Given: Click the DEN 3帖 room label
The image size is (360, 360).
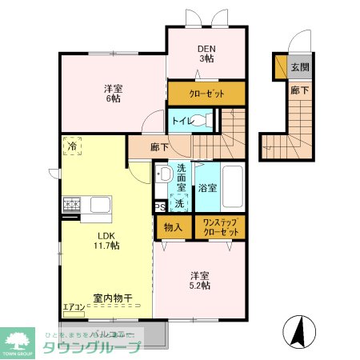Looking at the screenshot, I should [206, 52].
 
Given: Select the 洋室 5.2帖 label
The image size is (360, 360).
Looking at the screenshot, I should [200, 279].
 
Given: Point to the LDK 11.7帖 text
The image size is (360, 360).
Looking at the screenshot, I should [108, 241].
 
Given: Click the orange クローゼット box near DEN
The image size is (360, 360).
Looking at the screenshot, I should [206, 94].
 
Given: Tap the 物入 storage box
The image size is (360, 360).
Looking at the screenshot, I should [174, 226].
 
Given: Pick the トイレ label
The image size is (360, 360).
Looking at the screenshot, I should [180, 122].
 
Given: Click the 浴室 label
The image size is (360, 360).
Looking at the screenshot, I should [207, 189].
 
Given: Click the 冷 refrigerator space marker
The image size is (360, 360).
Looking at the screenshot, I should [73, 146].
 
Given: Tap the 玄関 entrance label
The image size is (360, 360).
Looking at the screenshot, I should [300, 66].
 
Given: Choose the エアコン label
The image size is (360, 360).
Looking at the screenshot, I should [73, 306].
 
